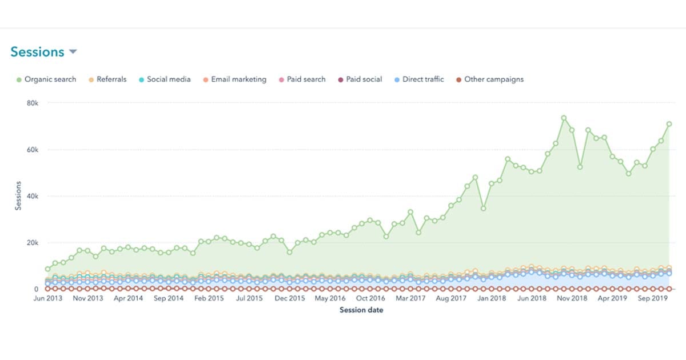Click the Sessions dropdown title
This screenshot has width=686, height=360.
coord(37,52)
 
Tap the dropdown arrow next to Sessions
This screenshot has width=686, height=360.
coord(73,52)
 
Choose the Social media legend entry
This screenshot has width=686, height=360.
coord(164,79)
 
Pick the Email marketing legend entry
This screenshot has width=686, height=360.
coord(234,79)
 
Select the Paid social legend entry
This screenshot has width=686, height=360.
coord(360,79)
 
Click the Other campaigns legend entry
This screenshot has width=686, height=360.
coord(489,79)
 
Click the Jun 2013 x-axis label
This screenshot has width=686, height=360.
coord(47,298)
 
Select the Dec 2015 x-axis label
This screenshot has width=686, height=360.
coord(289,298)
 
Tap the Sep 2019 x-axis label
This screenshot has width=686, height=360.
coord(653,298)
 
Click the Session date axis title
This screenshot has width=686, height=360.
coord(361,310)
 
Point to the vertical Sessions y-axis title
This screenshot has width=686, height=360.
coord(18,196)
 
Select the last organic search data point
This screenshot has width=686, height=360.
coord(669,124)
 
